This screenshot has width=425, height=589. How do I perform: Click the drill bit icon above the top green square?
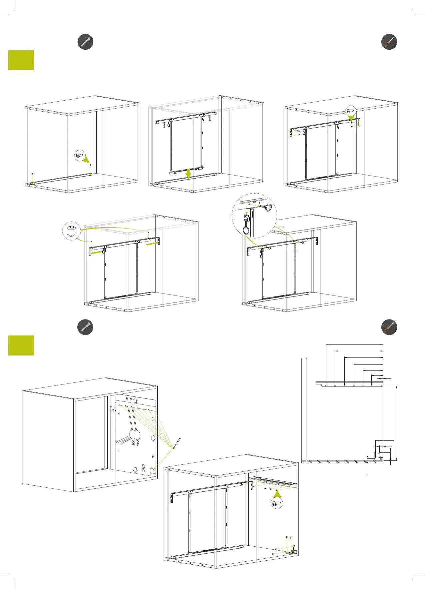point(85,42)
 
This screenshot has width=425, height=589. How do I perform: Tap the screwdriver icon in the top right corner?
point(389,42)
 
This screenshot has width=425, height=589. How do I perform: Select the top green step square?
point(21,60)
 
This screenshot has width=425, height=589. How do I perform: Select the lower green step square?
point(21,345)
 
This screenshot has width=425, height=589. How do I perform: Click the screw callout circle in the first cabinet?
point(80,156)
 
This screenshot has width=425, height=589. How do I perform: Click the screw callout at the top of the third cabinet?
point(350,111)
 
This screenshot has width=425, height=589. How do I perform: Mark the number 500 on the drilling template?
point(134,443)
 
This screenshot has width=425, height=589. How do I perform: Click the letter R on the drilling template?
point(144,468)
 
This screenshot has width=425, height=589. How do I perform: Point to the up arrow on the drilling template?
point(135,399)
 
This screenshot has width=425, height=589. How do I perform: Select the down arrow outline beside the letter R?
point(135,470)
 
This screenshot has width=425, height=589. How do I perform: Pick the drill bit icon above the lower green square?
point(85,327)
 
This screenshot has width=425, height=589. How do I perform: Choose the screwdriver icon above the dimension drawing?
point(389,327)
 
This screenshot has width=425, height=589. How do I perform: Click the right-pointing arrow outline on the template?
point(153,437)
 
